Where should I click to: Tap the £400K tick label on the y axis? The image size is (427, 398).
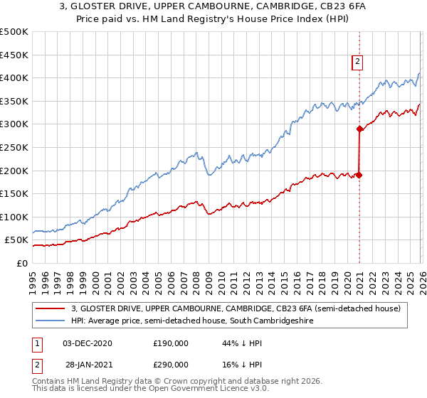14,78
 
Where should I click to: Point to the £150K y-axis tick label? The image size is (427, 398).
14,193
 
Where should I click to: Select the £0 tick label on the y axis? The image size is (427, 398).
21,263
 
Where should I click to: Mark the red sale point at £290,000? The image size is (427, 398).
359,129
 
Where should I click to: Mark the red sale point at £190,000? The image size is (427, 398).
359,175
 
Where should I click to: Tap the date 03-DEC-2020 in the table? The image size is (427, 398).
88,343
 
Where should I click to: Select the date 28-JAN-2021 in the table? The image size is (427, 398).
88,363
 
